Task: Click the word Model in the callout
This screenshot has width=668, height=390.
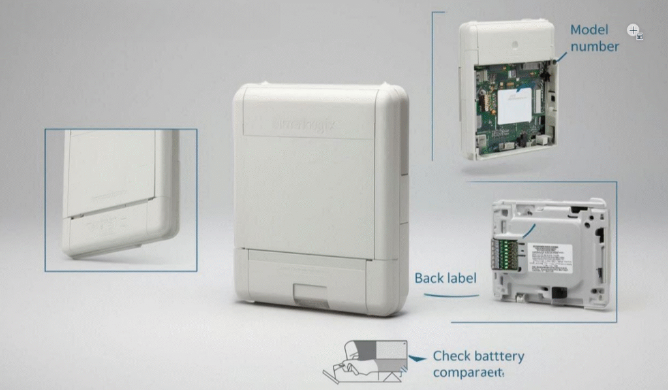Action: point(588,30)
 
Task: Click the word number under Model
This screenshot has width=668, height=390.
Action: point(594,46)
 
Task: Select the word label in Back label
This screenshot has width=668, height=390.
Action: point(461,278)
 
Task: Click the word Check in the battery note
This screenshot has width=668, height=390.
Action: point(452,357)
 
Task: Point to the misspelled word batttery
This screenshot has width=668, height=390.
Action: point(499,357)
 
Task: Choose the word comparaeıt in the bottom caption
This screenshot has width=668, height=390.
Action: point(468,372)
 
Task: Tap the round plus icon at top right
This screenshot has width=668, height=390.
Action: point(633,30)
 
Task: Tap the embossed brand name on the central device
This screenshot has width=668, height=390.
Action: point(303,124)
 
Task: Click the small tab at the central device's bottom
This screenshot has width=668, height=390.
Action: point(310,294)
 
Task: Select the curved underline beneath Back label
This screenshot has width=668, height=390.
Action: point(451,296)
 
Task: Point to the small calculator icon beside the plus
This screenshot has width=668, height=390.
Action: point(640,37)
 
